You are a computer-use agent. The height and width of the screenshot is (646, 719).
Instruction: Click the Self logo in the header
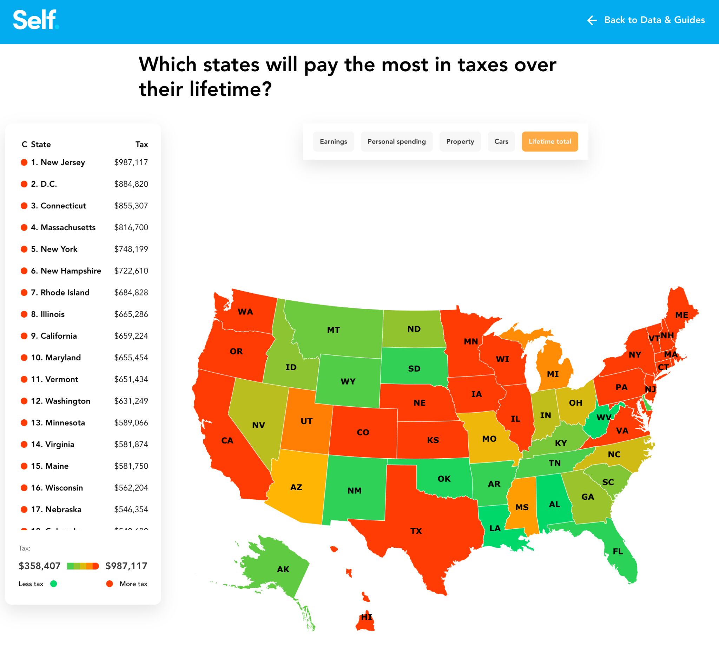[36, 20]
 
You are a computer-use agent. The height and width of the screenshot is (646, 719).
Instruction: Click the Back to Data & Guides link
[646, 20]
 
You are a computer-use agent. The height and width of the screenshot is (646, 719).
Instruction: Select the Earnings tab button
[333, 141]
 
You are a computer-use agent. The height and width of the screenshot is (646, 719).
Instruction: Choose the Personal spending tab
[396, 141]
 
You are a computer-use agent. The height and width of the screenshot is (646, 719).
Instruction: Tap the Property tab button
[460, 141]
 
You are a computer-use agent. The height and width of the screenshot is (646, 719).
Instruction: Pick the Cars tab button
[501, 141]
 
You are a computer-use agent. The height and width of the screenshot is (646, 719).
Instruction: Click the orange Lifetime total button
[550, 141]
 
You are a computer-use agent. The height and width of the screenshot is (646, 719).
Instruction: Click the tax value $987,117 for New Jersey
[131, 162]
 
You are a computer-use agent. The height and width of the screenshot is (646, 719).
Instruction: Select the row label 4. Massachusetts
[63, 227]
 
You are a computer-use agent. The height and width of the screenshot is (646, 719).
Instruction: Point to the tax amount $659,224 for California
[131, 336]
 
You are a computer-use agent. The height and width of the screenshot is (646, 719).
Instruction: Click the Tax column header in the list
[141, 144]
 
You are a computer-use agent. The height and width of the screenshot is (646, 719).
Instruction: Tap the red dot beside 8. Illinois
[24, 314]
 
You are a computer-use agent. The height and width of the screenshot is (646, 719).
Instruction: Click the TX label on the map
[416, 531]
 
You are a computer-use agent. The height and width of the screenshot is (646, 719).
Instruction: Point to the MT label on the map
[333, 330]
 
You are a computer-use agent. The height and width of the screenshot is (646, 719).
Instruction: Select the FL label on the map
[618, 551]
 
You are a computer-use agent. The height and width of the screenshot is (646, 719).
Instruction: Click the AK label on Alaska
[283, 569]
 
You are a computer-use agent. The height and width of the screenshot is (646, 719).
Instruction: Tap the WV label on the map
[603, 417]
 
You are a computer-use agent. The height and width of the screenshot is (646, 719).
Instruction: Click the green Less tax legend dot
[54, 584]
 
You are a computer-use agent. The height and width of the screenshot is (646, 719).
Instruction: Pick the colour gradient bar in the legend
[83, 566]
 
